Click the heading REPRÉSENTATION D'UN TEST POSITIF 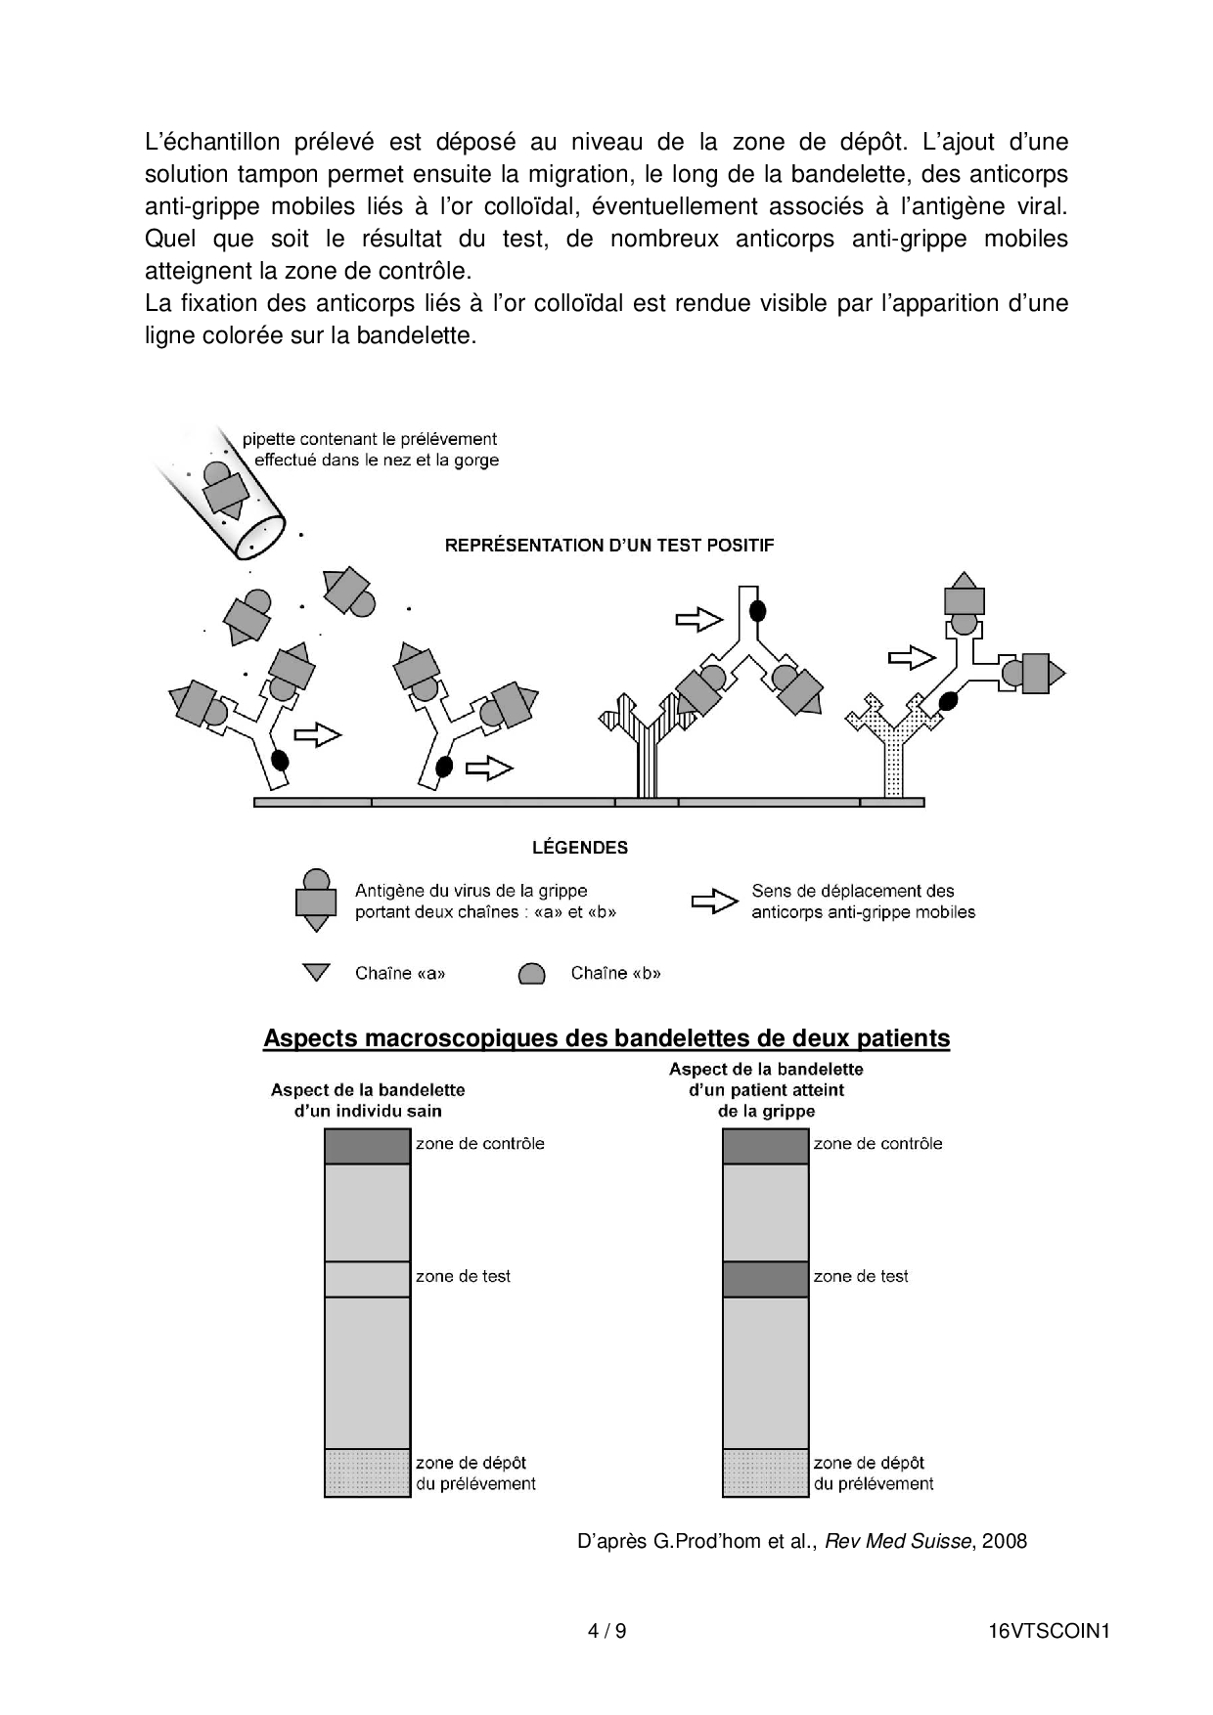[608, 546]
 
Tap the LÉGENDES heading [580, 848]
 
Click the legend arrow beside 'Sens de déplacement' [714, 901]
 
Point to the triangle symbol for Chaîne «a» [316, 973]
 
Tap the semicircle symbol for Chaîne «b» [531, 974]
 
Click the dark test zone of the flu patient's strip [765, 1279]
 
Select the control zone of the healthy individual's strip [367, 1146]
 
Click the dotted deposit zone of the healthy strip [367, 1473]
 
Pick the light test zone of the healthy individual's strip [367, 1279]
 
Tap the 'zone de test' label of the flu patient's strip [861, 1276]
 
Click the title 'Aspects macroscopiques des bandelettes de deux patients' [606, 1038]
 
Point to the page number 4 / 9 [606, 1631]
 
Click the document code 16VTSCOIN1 [1049, 1631]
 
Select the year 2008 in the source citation [1005, 1542]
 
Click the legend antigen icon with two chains [316, 900]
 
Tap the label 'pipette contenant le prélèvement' [370, 439]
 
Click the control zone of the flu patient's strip [765, 1146]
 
